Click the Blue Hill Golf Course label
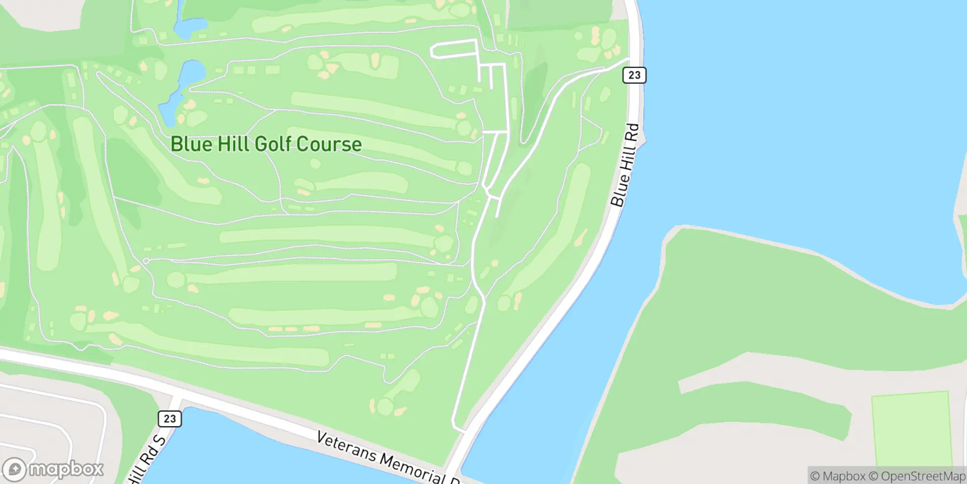pos(266,144)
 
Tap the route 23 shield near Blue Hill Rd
pos(634,75)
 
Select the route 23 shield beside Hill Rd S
pos(170,418)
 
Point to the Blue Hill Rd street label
pos(625,165)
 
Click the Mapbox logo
pos(52,469)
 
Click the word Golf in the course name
pos(274,144)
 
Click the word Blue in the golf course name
pos(190,144)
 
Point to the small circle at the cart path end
pos(146,261)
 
